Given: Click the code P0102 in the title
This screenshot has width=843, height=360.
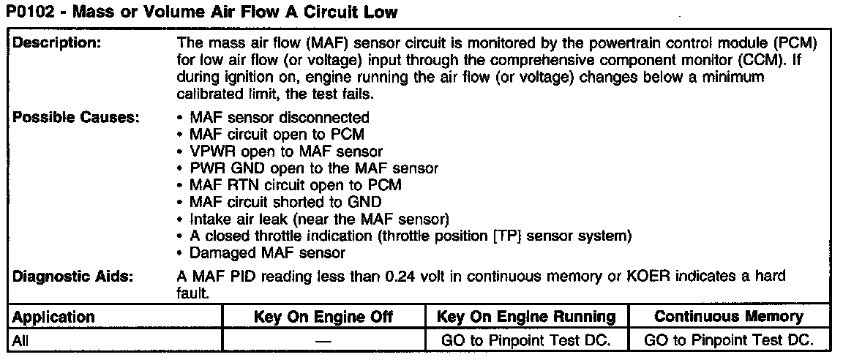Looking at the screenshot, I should [x=30, y=12].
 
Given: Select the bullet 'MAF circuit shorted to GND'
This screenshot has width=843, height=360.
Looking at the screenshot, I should [x=285, y=202].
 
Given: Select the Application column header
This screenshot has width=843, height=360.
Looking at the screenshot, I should [x=54, y=317].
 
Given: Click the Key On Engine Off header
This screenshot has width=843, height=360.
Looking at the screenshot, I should [x=323, y=317].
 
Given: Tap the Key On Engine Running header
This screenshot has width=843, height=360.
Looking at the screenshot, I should [x=525, y=317].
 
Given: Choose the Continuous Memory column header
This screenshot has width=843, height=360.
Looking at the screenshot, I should [x=728, y=317].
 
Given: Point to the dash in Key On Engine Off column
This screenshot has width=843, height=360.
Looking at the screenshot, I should [x=323, y=341].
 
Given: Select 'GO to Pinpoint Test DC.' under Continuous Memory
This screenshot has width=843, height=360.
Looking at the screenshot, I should [x=728, y=340].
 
